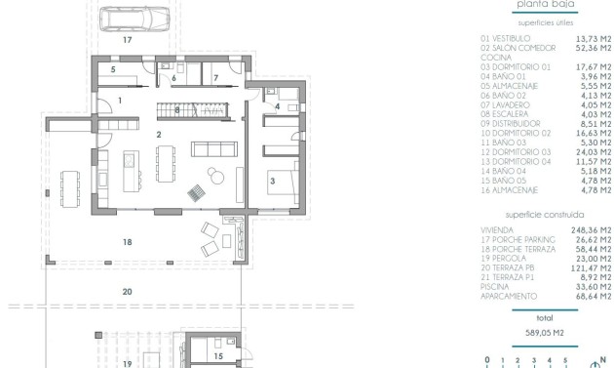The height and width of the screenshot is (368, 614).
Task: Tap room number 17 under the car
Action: pos(127,41)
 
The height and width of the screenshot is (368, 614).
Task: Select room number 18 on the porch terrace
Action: pos(127,242)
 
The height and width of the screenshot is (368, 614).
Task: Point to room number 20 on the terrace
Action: pos(127,291)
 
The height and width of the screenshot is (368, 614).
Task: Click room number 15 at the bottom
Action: pos(218,356)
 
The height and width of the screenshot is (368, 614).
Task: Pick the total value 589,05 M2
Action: pos(545,332)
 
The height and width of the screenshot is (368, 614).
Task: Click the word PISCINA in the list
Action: pos(496,287)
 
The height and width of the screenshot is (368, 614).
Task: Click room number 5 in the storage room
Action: pos(113,70)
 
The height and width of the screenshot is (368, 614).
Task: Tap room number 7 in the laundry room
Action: pos(215,76)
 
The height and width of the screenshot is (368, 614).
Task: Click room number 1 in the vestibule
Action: pos(120,101)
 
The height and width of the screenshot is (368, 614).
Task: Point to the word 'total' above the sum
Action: pos(545,317)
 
